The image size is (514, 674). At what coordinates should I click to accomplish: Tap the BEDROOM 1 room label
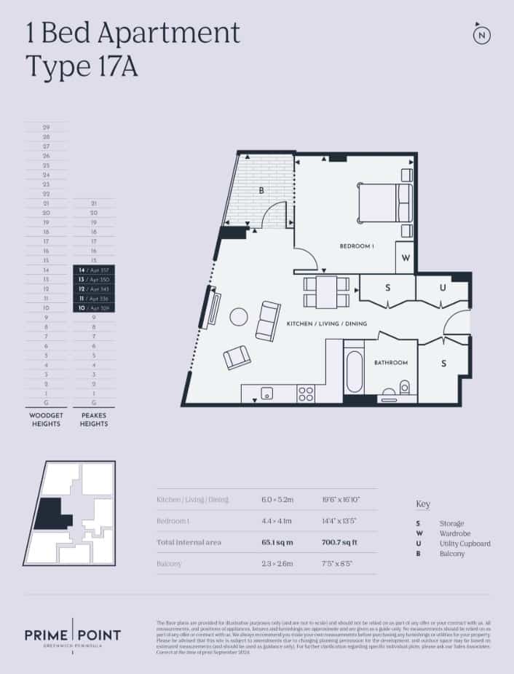click(357, 247)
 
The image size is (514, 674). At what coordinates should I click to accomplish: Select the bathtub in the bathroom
click(355, 372)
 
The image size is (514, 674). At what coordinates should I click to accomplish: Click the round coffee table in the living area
click(239, 316)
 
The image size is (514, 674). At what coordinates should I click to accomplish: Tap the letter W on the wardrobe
click(406, 257)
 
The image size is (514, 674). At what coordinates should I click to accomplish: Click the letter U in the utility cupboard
click(441, 288)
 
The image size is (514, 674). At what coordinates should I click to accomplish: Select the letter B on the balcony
click(261, 191)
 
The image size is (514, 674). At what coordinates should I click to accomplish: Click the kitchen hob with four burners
click(306, 393)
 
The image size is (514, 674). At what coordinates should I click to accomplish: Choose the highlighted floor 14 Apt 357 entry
click(93, 270)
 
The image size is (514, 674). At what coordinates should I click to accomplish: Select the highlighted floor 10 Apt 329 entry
click(93, 308)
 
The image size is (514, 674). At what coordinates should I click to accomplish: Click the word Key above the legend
click(422, 504)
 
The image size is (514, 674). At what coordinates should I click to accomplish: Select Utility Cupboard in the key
click(464, 544)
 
